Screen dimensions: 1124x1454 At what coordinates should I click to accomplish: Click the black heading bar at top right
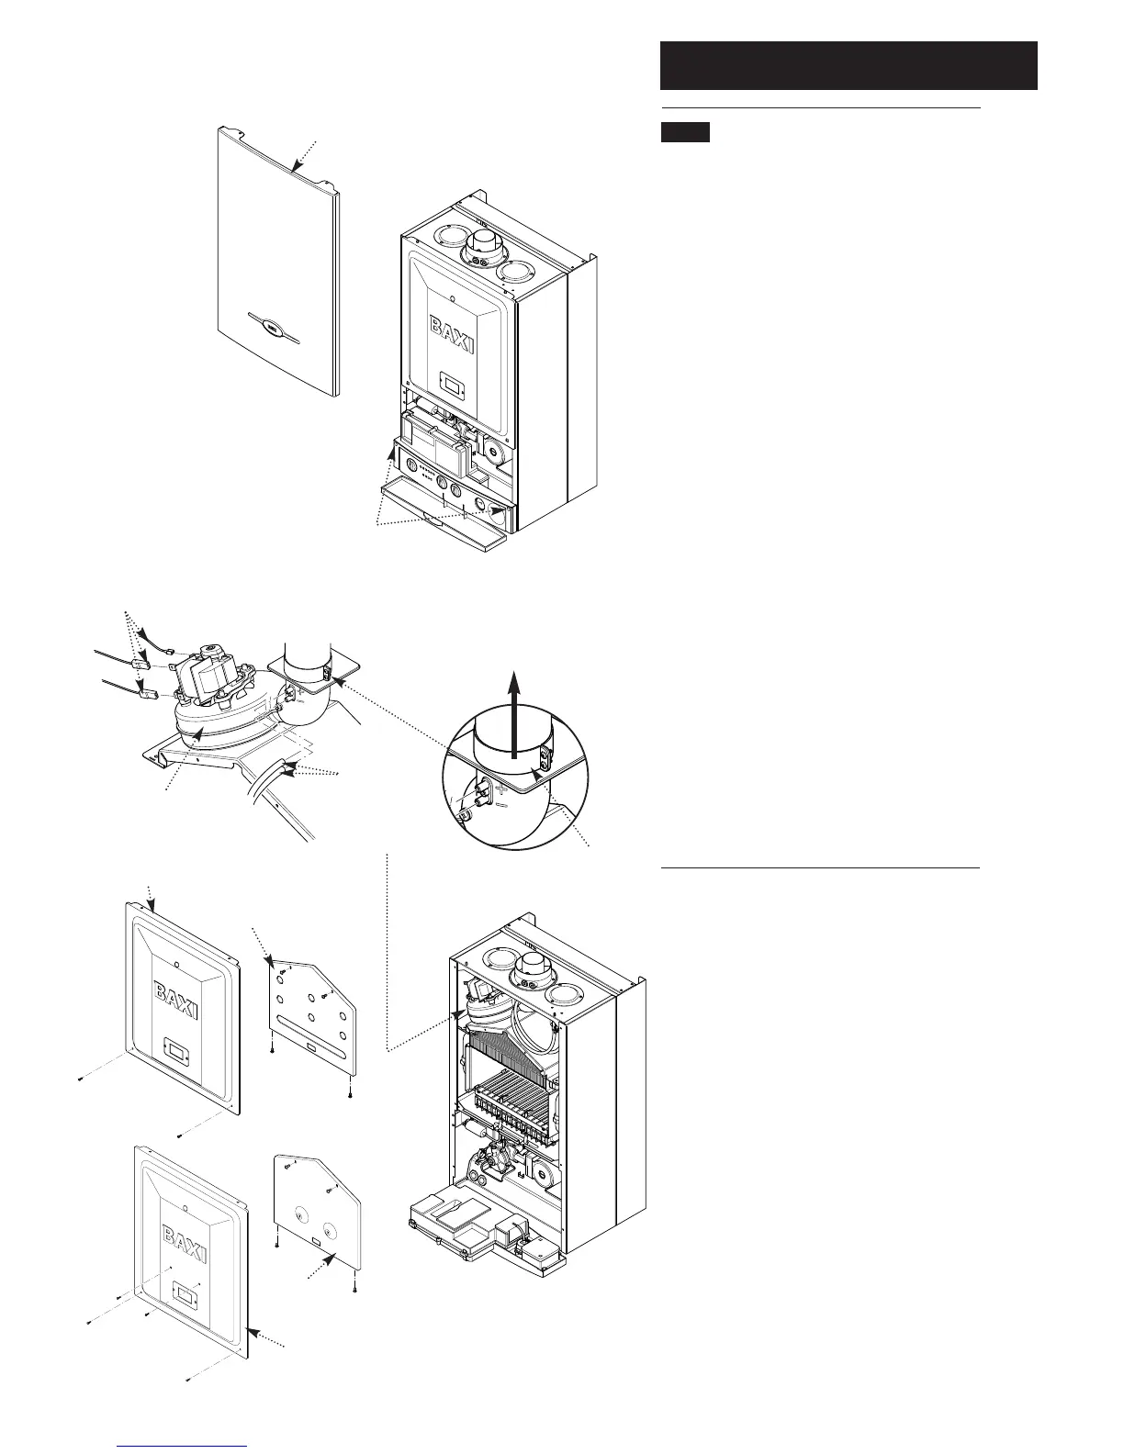coord(849,65)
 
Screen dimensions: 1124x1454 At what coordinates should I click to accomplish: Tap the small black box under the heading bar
coord(686,132)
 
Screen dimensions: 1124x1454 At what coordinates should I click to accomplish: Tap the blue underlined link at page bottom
coord(183,1445)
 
